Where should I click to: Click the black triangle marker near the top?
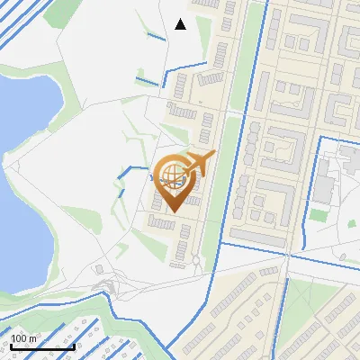[x=180, y=24]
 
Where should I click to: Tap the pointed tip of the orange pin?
[x=170, y=212]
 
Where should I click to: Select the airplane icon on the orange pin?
[x=197, y=165]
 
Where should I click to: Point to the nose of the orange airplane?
[x=213, y=155]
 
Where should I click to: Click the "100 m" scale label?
[x=24, y=338]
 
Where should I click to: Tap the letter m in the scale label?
[x=32, y=338]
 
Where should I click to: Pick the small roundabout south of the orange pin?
[x=196, y=261]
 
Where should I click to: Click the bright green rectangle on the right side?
[x=319, y=216]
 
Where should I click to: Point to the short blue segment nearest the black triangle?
[x=156, y=37]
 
